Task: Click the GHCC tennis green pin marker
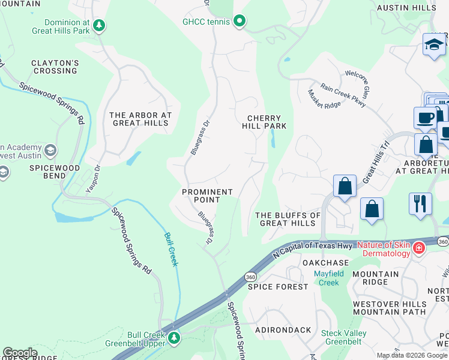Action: click(x=240, y=22)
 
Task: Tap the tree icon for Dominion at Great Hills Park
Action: click(x=100, y=25)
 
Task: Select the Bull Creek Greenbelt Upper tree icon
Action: click(x=174, y=338)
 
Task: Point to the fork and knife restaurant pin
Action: click(x=420, y=203)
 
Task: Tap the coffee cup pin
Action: click(x=425, y=118)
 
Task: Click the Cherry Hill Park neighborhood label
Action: click(x=264, y=122)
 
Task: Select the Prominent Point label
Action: click(x=207, y=196)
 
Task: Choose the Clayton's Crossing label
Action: click(x=55, y=67)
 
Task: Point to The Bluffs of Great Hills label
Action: click(x=288, y=219)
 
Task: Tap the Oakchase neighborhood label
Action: click(x=325, y=263)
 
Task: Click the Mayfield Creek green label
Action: click(x=330, y=278)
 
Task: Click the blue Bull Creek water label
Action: click(x=171, y=250)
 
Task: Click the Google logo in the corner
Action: click(x=20, y=353)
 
